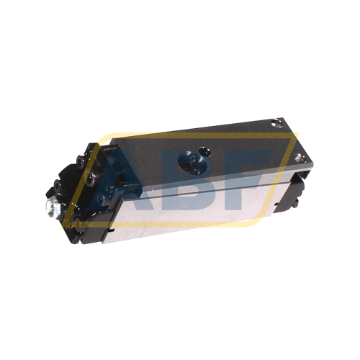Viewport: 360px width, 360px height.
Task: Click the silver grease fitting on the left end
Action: coord(51,210)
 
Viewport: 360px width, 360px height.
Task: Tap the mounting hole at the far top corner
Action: coord(278,123)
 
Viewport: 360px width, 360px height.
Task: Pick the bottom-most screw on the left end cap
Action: coord(72,215)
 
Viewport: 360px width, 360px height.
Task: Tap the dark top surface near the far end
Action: coord(238,137)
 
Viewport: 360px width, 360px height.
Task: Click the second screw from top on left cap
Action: coord(89,162)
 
